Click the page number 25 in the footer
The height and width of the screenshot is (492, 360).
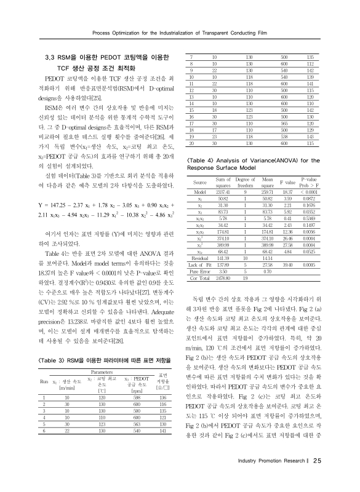click(316, 478)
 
